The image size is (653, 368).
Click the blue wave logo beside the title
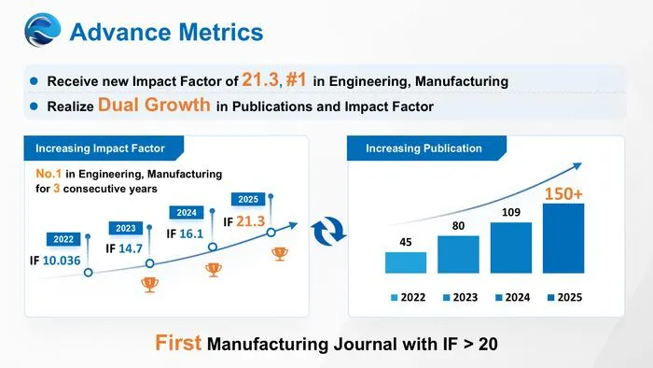43,30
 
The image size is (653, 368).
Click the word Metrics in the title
221,32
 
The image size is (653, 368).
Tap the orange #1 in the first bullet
296,79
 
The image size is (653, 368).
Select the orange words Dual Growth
154,105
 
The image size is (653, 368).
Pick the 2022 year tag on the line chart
63,239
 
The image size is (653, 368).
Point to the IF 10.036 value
55,261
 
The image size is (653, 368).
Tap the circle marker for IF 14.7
150,263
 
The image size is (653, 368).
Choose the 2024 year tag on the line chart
187,213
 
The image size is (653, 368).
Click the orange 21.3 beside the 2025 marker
251,221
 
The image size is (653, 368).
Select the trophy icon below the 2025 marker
280,254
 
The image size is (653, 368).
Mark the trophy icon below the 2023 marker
149,285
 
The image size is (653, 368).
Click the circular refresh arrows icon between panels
328,232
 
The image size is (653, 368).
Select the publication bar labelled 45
406,262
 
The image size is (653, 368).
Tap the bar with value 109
511,248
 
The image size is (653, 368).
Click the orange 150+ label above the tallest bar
563,193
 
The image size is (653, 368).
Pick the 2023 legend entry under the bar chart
460,297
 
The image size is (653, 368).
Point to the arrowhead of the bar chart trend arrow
577,166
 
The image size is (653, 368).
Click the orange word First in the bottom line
178,343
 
